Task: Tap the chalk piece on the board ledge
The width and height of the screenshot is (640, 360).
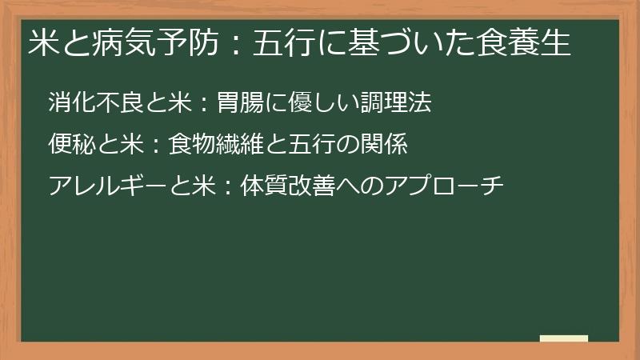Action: click(564, 338)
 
